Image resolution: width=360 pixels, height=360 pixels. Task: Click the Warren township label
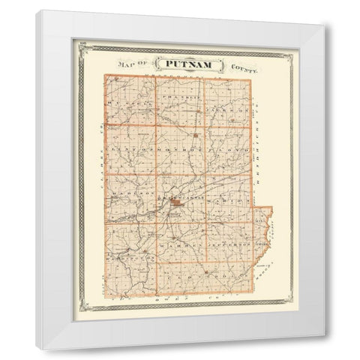tap(181, 245)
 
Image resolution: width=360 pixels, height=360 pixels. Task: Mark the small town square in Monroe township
tap(194, 134)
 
